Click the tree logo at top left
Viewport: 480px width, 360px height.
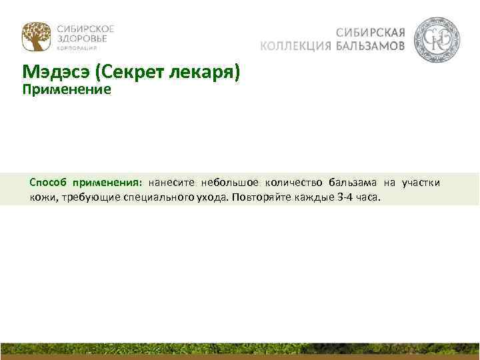[36, 37]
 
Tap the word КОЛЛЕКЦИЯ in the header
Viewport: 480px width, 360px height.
[295, 46]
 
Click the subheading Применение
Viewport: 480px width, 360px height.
[66, 89]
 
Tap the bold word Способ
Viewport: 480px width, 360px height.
[48, 182]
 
